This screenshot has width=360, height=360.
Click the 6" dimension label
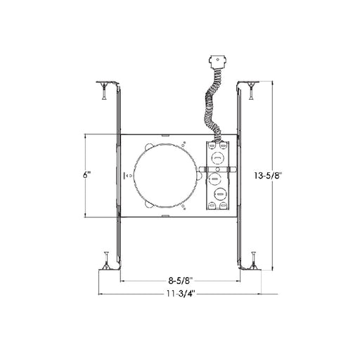click(86, 175)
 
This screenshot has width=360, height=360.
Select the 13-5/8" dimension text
click(267, 175)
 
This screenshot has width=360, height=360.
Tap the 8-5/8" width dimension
click(181, 281)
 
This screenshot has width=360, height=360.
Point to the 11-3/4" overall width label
click(181, 293)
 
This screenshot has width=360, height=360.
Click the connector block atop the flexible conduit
click(218, 61)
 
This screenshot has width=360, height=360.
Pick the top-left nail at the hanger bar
click(103, 91)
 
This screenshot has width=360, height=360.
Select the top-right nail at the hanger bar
click(252, 91)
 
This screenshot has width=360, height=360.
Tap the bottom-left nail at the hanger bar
click(106, 260)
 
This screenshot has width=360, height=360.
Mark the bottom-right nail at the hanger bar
click(253, 260)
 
